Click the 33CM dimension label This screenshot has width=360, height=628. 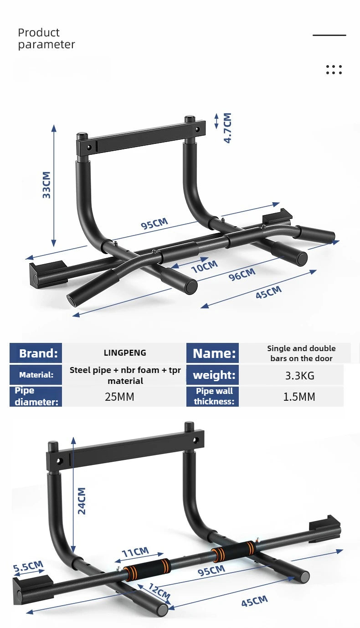pos(46,185)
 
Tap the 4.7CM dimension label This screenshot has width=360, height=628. pos(227,128)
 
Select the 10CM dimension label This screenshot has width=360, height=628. pos(204,266)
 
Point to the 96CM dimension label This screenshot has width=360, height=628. pos(242,274)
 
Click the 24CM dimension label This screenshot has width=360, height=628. pos(82,501)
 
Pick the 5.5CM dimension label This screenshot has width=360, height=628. pos(28,567)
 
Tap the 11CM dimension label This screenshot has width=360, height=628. pos(135,552)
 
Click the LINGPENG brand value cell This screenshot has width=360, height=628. pos(125,353)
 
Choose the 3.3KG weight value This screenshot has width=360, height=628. pos(299,376)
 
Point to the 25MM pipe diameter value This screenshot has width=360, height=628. pos(119,397)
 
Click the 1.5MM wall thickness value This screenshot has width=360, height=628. pos(299,397)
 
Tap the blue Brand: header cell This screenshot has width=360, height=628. pos(36,353)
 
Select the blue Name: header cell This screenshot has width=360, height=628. pos(212,353)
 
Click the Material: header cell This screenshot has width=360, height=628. pos(36,375)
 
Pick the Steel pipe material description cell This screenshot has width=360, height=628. pos(125,375)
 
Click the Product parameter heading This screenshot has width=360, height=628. pos(46,39)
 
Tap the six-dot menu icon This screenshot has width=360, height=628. pos(334,70)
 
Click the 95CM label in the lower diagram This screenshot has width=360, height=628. pos(211,570)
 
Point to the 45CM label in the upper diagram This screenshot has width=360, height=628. pos(268,292)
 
